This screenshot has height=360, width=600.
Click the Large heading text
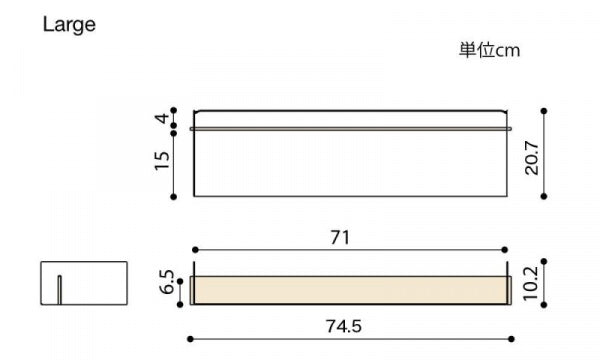(x=69, y=25)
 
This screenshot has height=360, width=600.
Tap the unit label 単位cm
(x=489, y=50)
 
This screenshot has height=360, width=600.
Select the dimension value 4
(x=162, y=118)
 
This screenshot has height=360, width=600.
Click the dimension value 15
(x=162, y=161)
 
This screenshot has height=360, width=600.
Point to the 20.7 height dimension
(x=532, y=158)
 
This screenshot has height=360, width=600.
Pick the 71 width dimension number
(x=340, y=238)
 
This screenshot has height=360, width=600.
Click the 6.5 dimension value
(x=166, y=282)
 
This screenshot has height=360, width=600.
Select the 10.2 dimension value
(x=531, y=283)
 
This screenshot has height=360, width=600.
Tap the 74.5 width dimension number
(x=344, y=326)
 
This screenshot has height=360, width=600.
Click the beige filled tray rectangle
(x=351, y=290)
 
